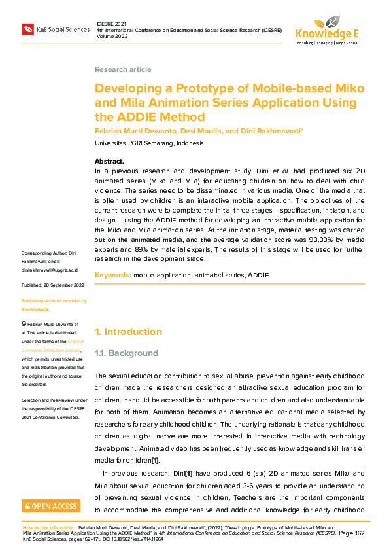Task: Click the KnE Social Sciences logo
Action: click(56, 29)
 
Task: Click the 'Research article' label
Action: click(123, 69)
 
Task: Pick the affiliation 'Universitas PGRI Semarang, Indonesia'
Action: click(149, 143)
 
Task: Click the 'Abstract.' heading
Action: click(109, 161)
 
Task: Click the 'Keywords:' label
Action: click(113, 275)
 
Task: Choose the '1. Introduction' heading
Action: click(128, 332)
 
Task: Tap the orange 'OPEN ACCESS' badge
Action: click(51, 505)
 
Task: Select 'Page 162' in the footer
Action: click(354, 533)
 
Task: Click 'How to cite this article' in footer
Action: click(48, 527)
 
